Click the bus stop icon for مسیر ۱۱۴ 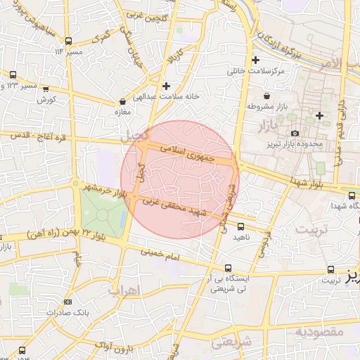[x=67, y=41]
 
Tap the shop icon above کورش [x=46, y=89]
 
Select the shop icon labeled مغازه [x=123, y=101]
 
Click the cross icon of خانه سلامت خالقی [x=166, y=86]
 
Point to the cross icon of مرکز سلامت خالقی [x=255, y=60]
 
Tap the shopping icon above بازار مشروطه [x=266, y=96]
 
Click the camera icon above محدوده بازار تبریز [x=295, y=133]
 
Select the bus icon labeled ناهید [x=241, y=226]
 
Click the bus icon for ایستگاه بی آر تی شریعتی [x=228, y=268]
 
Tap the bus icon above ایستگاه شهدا [x=352, y=195]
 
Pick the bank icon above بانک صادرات [x=67, y=302]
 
